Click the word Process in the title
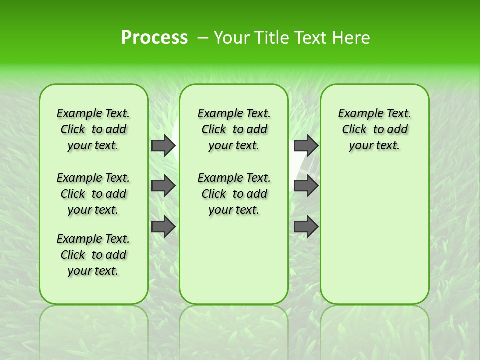pos(154,38)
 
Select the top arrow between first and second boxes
pos(163,145)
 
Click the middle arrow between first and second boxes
pos(163,186)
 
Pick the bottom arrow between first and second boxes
pos(163,227)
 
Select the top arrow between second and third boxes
pos(306,145)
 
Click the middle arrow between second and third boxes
pos(306,186)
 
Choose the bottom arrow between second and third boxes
pos(306,227)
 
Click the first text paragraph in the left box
pos(93,129)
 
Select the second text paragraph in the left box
pos(93,194)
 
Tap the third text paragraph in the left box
pos(93,255)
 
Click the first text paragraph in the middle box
pos(234,129)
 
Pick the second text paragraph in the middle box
pos(234,194)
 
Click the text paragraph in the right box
pos(374,129)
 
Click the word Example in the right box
pos(356,114)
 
